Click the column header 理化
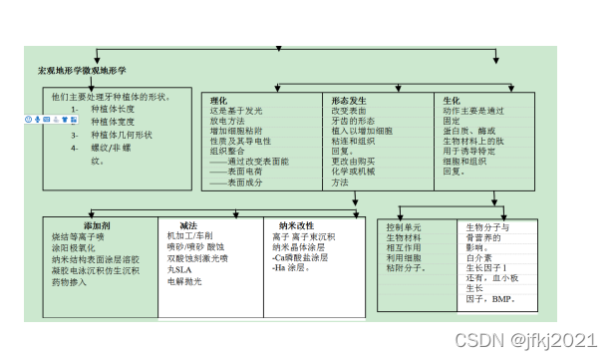[219, 100]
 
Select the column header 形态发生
[349, 100]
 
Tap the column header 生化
[452, 100]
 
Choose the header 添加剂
[98, 225]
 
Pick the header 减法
[188, 225]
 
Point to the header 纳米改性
[297, 225]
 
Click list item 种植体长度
[112, 109]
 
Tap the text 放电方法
[230, 121]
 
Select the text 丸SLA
[179, 269]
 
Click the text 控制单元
[404, 228]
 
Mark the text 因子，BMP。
[488, 299]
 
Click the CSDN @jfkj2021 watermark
[525, 342]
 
